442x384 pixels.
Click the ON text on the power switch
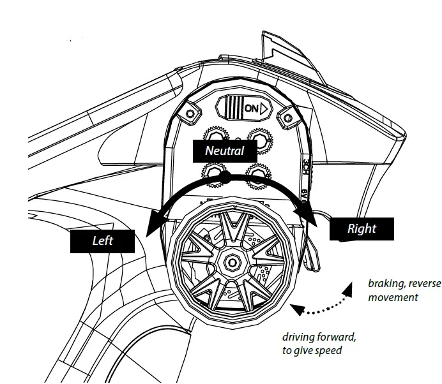tap(252, 108)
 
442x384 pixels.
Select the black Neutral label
tap(224, 151)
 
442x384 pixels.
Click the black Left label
tap(103, 240)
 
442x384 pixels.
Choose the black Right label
tap(362, 228)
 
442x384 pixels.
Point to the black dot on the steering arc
tap(225, 178)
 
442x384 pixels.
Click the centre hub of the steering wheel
tap(231, 261)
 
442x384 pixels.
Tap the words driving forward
tap(319, 336)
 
